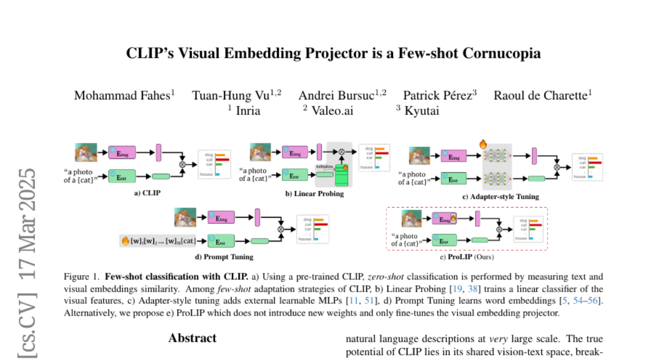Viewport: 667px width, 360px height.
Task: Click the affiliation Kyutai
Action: (x=421, y=111)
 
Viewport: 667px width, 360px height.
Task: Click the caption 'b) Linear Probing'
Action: (x=314, y=194)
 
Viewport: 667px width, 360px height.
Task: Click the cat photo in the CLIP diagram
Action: (x=86, y=152)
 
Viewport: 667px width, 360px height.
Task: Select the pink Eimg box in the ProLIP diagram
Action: (x=445, y=219)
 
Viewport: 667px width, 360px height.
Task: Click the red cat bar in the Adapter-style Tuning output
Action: (x=594, y=162)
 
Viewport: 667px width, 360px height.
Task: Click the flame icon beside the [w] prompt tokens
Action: (x=126, y=241)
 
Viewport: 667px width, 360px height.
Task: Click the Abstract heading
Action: (x=192, y=338)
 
